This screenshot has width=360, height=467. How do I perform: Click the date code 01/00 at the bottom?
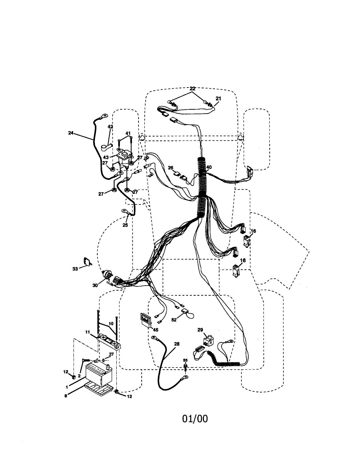[x=195, y=419]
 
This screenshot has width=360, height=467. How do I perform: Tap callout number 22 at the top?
[x=192, y=89]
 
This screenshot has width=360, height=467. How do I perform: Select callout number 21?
[x=218, y=99]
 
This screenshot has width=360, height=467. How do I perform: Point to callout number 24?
[x=70, y=133]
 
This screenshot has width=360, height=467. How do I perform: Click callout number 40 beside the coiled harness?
[x=209, y=167]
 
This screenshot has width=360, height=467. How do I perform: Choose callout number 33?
[x=75, y=268]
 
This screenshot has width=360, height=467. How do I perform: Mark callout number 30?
[x=95, y=285]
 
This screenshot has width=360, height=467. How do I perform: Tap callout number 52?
[x=174, y=320]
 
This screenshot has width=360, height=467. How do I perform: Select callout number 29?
[x=200, y=330]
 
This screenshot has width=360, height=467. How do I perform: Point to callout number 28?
[x=177, y=344]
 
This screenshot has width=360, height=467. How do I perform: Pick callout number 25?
[x=125, y=225]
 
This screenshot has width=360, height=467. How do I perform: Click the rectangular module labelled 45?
[x=145, y=319]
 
